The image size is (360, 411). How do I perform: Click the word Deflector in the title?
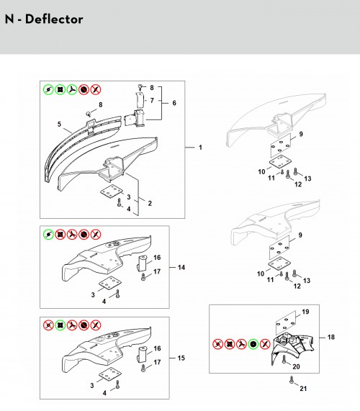[54, 19]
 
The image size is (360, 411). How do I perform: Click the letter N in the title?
[9, 19]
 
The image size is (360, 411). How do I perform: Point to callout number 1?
[200, 148]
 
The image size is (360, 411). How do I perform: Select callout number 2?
[150, 203]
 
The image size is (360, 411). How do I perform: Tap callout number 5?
[59, 124]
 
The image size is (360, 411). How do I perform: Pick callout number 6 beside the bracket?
[174, 103]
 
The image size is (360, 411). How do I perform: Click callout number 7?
[152, 100]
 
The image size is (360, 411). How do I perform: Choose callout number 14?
[181, 267]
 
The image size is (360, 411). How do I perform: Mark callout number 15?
[181, 358]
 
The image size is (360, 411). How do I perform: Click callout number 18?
[331, 337]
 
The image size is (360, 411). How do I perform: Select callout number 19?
[305, 312]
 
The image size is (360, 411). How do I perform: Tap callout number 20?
[296, 366]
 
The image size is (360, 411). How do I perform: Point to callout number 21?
[303, 389]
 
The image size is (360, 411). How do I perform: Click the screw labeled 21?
[292, 380]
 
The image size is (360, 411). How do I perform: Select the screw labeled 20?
[284, 359]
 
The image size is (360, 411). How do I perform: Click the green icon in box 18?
[253, 344]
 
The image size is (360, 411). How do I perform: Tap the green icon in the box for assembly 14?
[48, 235]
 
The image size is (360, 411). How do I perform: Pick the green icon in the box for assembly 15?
[60, 325]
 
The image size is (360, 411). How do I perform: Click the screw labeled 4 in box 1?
[120, 202]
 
